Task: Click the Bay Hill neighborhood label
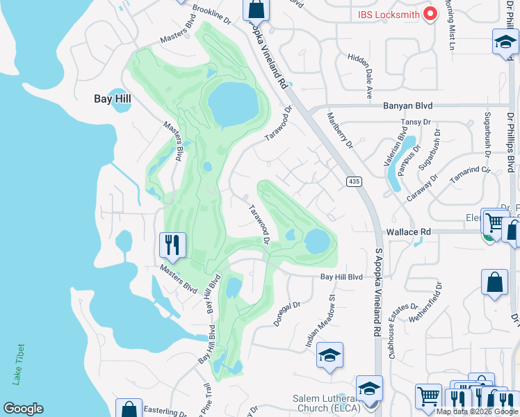pos(113,99)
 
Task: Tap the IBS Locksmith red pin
pos(430,13)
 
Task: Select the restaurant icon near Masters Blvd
pos(172,245)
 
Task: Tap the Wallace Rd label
pos(407,231)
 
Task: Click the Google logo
pos(23,409)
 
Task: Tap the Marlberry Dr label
pos(340,131)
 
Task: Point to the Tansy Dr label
pos(412,122)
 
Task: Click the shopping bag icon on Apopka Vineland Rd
pos(256,9)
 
